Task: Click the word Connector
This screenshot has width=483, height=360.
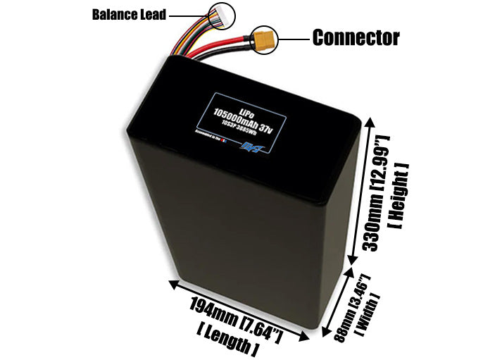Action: (x=356, y=37)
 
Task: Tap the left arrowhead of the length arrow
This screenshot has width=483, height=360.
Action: (x=171, y=284)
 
